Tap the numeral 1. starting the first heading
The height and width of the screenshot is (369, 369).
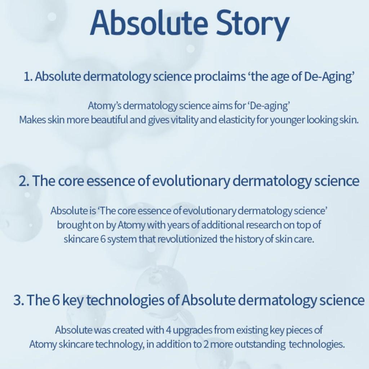[28, 77]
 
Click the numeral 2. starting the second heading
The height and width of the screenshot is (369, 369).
[24, 181]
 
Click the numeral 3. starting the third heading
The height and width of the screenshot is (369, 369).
[18, 300]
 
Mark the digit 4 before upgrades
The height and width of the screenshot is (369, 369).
[169, 330]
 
